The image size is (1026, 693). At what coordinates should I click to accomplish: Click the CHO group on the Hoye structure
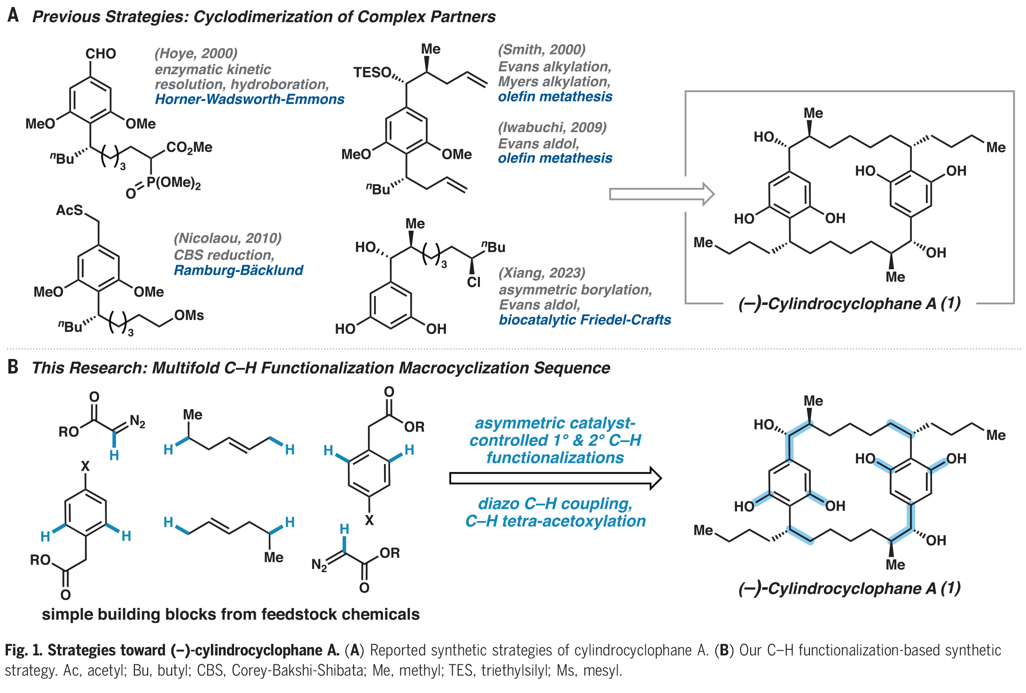[101, 54]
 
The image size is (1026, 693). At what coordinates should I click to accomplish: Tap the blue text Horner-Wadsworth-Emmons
[250, 99]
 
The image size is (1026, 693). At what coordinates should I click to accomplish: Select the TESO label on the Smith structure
[372, 72]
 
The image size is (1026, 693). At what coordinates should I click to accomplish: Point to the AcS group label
[70, 210]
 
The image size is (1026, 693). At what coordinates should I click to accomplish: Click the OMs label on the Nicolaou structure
[189, 315]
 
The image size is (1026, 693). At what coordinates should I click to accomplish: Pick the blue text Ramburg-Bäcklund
[238, 270]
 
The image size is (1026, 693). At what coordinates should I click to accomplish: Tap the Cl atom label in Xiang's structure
[474, 282]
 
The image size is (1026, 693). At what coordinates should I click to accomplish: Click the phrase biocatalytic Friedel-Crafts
[585, 319]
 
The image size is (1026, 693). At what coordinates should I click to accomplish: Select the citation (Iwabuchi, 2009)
[552, 127]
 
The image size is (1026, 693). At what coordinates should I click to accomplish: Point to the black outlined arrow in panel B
[555, 478]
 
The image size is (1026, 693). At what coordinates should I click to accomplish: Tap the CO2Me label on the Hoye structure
[189, 148]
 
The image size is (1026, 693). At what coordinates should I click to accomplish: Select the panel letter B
[13, 367]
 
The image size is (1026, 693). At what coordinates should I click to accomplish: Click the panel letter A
[13, 16]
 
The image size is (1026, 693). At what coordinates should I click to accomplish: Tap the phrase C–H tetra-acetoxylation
[555, 521]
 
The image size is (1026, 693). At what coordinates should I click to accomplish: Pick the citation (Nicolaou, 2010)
[227, 238]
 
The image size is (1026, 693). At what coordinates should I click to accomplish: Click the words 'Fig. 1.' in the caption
[23, 650]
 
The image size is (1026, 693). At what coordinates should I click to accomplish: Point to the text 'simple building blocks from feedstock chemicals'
[230, 614]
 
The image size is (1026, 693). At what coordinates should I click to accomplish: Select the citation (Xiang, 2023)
[542, 273]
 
